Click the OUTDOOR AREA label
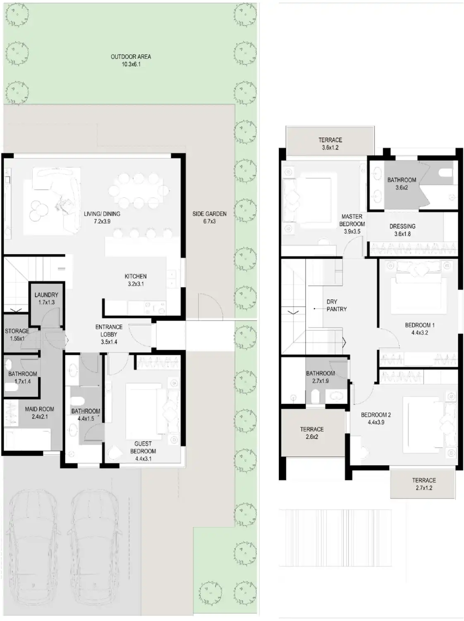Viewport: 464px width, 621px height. [131, 57]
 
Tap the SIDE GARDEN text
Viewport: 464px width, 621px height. [209, 214]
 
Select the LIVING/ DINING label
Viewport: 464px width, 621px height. [102, 214]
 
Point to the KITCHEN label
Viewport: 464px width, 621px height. [136, 277]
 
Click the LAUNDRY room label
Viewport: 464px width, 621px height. [46, 295]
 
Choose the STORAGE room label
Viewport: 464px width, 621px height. [17, 331]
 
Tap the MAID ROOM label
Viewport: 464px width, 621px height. [39, 409]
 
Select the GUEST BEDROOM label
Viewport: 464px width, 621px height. [143, 448]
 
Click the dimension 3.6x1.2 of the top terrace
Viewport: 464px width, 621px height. [330, 148]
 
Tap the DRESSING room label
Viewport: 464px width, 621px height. [402, 226]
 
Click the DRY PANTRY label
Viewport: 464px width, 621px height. [336, 306]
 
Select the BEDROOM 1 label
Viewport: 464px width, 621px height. [419, 325]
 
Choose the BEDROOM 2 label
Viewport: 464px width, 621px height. [376, 415]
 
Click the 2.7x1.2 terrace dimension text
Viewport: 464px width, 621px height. [424, 488]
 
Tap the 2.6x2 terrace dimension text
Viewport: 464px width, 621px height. [312, 437]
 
